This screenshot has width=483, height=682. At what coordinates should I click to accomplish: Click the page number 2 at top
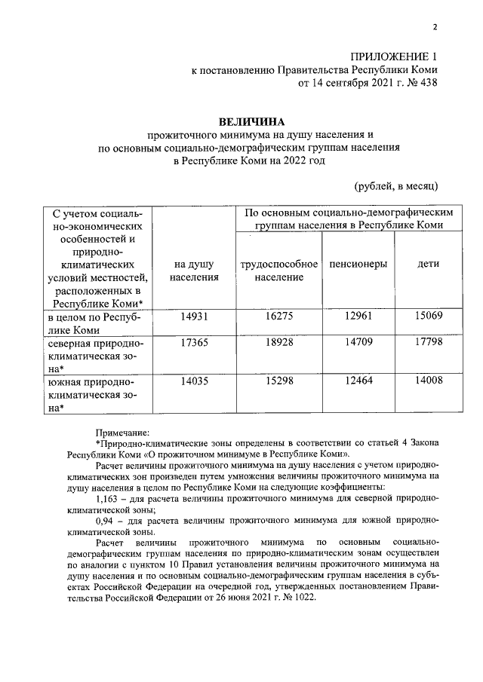pyautogui.click(x=435, y=29)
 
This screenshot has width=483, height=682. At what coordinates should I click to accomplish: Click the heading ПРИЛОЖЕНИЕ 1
pyautogui.click(x=393, y=57)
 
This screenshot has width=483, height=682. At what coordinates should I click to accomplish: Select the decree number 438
pyautogui.click(x=425, y=83)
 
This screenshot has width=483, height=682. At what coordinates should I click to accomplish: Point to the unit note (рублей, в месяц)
pyautogui.click(x=396, y=185)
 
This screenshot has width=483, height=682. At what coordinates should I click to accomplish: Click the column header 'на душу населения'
pyautogui.click(x=194, y=271)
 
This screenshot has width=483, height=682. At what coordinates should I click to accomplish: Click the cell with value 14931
pyautogui.click(x=194, y=317)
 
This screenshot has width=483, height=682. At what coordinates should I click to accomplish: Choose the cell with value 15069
pyautogui.click(x=428, y=317)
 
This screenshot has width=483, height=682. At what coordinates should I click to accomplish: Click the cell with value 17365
pyautogui.click(x=194, y=343)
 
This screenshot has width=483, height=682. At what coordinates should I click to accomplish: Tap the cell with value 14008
pyautogui.click(x=428, y=382)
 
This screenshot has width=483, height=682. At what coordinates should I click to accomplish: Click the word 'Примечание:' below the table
pyautogui.click(x=123, y=433)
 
